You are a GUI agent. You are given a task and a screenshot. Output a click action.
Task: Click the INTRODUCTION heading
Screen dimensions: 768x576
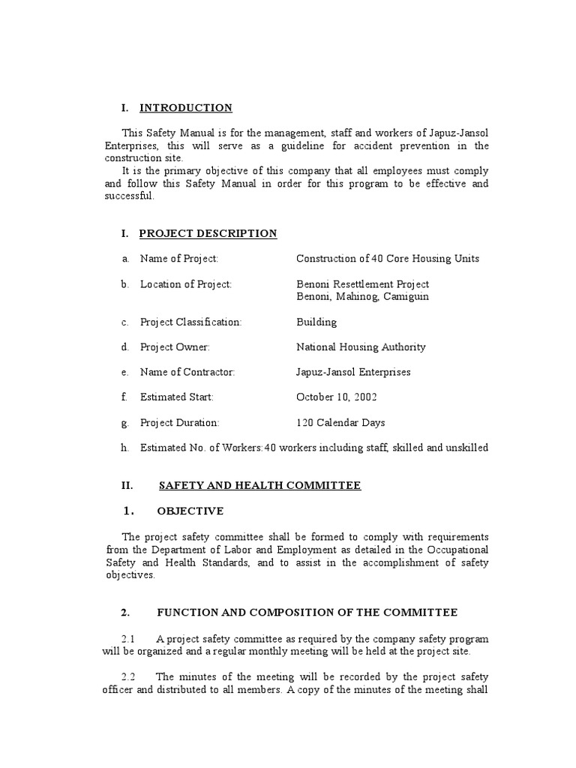(x=186, y=108)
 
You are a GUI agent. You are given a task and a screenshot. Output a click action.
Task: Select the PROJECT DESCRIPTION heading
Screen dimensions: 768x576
(x=208, y=234)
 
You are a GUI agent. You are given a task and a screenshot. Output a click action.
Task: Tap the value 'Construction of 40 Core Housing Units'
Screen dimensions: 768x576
(x=387, y=259)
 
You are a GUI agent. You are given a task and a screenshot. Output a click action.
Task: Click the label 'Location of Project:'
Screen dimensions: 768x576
(x=186, y=284)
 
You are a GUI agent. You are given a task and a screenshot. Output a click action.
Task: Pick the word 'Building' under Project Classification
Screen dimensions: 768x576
(x=316, y=322)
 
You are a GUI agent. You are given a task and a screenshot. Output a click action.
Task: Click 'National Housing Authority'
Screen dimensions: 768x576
(x=361, y=347)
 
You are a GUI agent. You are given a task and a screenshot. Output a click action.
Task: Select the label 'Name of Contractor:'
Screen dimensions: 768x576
(x=187, y=373)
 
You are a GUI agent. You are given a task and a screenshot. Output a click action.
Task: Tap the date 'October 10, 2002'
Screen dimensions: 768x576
(x=337, y=397)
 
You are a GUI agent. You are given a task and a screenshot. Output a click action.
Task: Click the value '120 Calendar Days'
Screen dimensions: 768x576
(x=340, y=423)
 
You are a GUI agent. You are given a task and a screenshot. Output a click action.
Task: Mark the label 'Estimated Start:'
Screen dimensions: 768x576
(x=177, y=397)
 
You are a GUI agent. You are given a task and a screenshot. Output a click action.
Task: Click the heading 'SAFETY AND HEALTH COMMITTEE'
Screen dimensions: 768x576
(x=259, y=486)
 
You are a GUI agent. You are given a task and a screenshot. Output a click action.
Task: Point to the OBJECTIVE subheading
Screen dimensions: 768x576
(x=190, y=511)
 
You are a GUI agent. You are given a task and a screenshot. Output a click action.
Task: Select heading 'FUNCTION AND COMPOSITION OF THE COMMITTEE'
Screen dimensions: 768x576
(x=307, y=613)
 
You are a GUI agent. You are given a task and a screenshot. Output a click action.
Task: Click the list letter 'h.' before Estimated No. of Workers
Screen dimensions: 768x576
(x=125, y=448)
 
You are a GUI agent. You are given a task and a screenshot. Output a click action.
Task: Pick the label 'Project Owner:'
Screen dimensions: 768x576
(x=175, y=347)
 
